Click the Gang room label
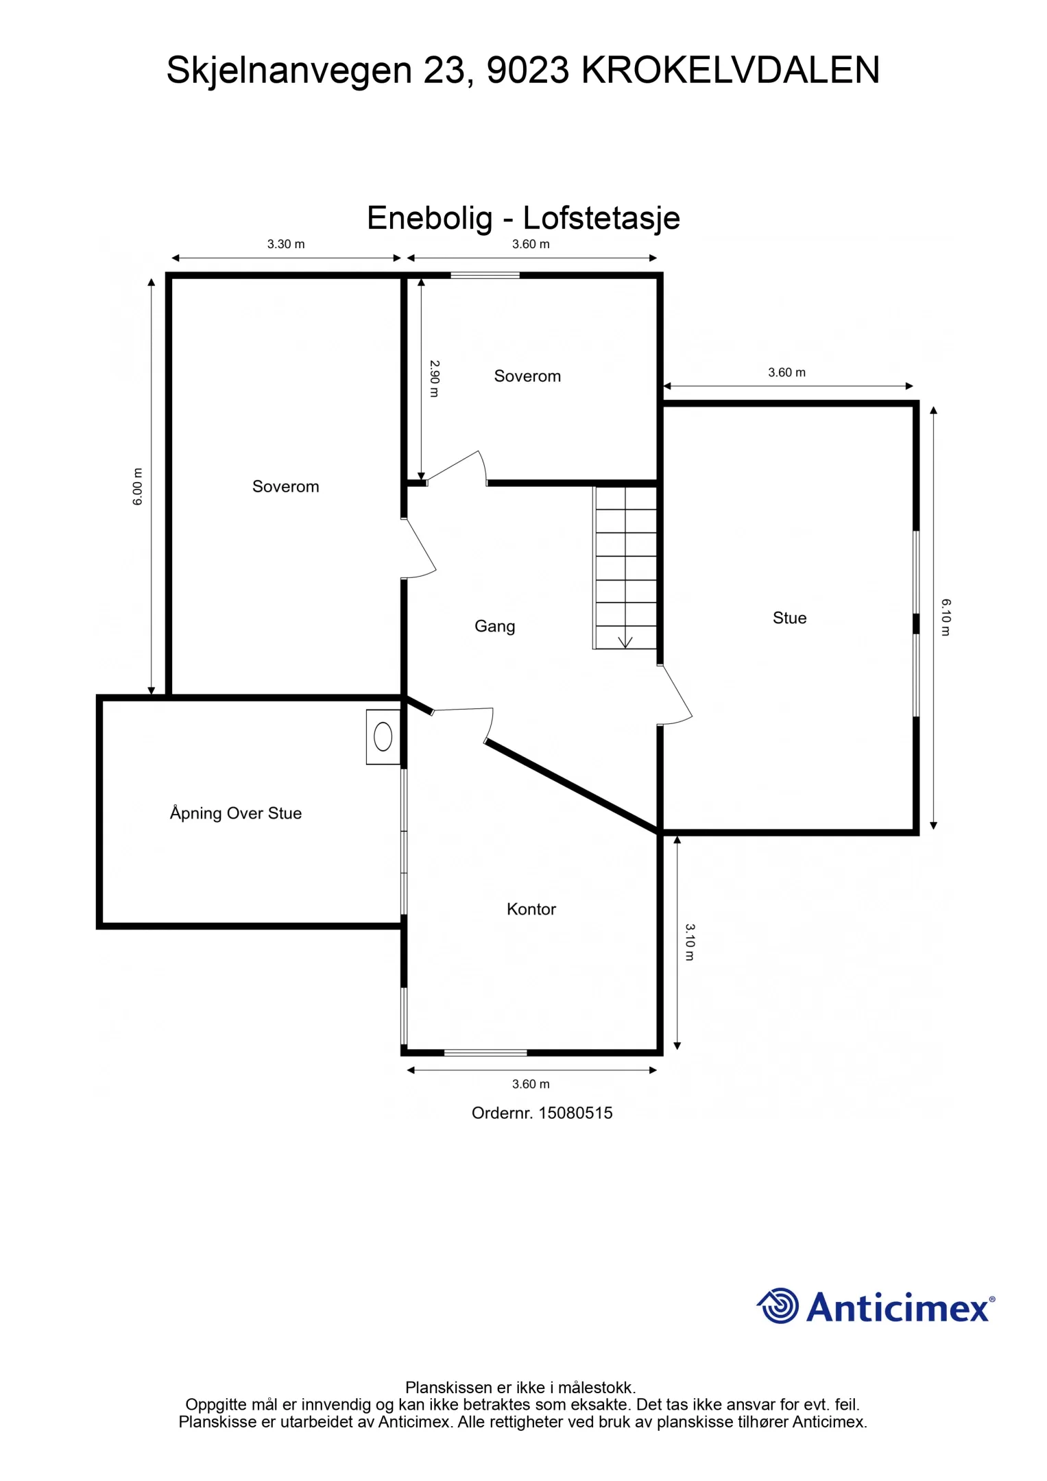(x=494, y=626)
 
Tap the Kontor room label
(x=531, y=909)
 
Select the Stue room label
(x=789, y=618)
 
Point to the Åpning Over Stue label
(x=236, y=813)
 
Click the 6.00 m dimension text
(x=138, y=486)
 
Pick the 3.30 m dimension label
(x=286, y=244)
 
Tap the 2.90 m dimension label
(x=434, y=378)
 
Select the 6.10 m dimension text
(x=946, y=616)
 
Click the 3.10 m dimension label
(x=690, y=942)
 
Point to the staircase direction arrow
(x=625, y=642)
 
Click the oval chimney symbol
(x=383, y=737)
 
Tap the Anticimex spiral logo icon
(x=779, y=1305)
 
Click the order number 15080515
(x=575, y=1113)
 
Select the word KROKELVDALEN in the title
(x=730, y=70)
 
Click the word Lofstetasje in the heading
(x=601, y=218)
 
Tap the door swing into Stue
(x=675, y=695)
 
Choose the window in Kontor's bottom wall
(x=485, y=1052)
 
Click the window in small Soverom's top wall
(x=485, y=276)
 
